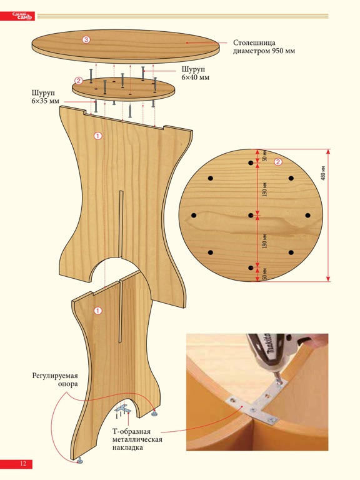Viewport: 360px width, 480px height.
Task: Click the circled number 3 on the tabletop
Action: tap(86, 39)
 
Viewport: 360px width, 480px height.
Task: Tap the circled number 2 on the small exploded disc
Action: tap(79, 81)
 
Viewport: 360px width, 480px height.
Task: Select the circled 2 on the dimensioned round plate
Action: tap(278, 162)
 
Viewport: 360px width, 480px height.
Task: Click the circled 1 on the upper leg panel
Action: tap(97, 136)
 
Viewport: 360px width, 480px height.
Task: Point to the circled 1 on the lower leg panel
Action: tap(97, 311)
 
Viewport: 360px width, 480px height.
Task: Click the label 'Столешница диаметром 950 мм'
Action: tap(264, 46)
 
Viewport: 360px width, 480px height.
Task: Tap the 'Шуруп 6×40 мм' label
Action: tap(195, 73)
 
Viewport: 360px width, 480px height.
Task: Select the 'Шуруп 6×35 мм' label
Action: tap(45, 97)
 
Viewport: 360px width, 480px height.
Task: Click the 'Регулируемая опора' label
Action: tap(55, 379)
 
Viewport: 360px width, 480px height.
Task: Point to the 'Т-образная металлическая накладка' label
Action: tap(137, 439)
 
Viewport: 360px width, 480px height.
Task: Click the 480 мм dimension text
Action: tap(323, 173)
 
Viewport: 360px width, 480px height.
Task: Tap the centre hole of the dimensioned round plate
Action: tap(251, 215)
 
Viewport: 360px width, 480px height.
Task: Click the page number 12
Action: tap(23, 464)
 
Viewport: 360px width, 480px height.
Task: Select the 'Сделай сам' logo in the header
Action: tap(22, 16)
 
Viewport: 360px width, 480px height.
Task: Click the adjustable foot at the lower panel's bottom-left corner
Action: tap(81, 460)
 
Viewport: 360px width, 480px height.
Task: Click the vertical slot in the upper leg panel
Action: tap(121, 224)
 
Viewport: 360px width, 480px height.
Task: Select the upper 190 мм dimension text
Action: tap(265, 189)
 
